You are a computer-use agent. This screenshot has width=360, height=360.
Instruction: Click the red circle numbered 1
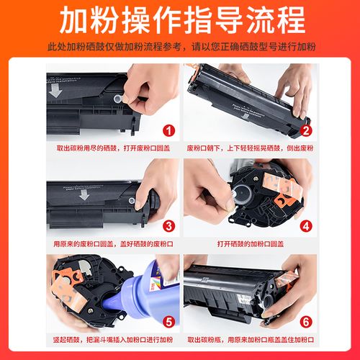coord(168,130)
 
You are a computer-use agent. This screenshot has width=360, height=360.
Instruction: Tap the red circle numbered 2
coord(305,130)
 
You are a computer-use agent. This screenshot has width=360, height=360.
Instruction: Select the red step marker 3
coord(168,225)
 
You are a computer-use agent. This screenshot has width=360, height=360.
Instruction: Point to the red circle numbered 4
coord(305,225)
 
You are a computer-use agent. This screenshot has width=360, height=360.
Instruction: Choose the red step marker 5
coord(168,320)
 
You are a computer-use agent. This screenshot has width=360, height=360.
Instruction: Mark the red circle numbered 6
coord(305,320)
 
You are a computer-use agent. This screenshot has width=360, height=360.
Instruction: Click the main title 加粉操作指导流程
coord(180,22)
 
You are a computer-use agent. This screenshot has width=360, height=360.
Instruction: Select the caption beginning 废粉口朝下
coord(248,149)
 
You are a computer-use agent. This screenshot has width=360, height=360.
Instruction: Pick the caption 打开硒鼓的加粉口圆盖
coord(248,244)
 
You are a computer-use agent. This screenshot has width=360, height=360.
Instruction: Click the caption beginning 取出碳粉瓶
coord(248,339)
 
